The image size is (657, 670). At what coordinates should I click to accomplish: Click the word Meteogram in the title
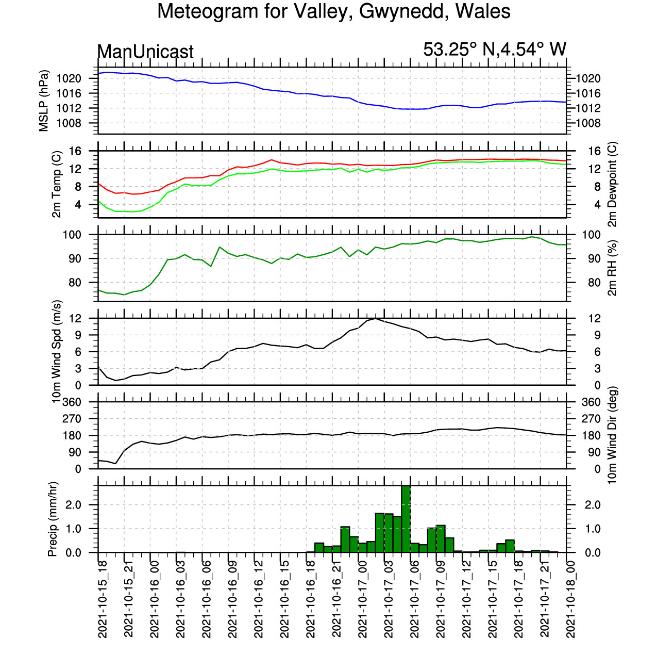[x=208, y=11]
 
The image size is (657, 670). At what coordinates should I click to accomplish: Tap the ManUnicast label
[x=145, y=52]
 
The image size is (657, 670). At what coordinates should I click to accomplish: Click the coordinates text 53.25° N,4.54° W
[x=494, y=50]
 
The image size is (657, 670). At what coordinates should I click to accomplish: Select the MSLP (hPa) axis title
[x=44, y=101]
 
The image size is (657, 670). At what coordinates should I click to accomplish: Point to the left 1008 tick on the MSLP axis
[x=69, y=123]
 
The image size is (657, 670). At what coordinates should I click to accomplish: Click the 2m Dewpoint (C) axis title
[x=612, y=184]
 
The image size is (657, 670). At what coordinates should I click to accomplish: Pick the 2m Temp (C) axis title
[x=57, y=184]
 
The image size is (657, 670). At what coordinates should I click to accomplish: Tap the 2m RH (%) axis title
[x=612, y=268]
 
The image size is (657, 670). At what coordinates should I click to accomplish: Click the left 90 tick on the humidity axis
[x=74, y=259]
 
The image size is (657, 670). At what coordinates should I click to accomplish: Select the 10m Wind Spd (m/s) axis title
[x=57, y=352]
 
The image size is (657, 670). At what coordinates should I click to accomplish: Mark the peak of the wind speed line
[x=375, y=318]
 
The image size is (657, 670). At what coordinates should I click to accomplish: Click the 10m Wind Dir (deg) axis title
[x=612, y=435]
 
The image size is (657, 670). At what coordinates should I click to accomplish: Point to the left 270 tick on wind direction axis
[x=72, y=419]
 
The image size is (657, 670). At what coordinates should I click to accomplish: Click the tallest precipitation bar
[x=406, y=519]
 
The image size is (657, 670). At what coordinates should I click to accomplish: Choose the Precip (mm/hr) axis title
[x=53, y=519]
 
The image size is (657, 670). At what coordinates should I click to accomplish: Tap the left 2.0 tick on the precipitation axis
[x=73, y=505]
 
